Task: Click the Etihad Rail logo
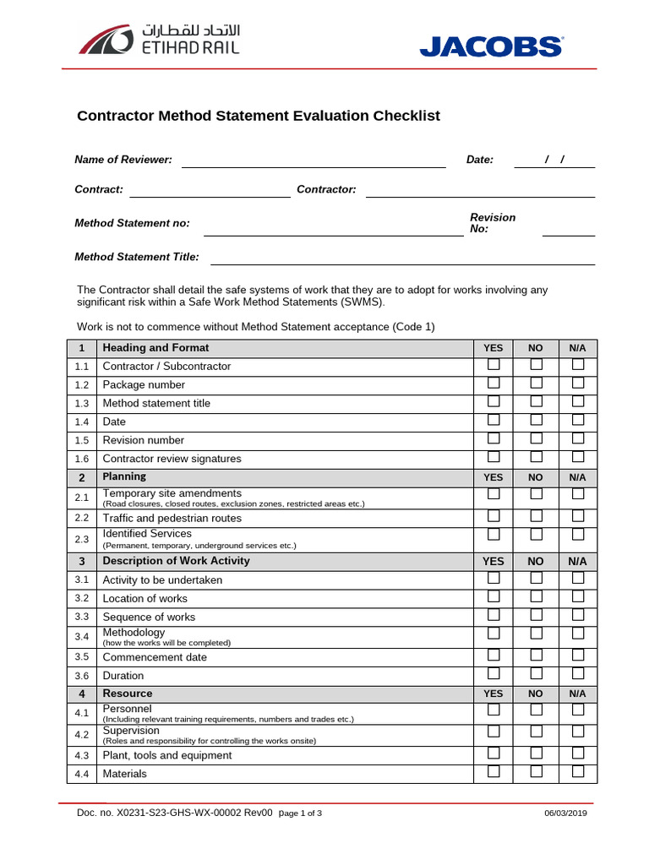pyautogui.click(x=159, y=40)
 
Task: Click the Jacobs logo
pyautogui.click(x=491, y=46)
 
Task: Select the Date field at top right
pyautogui.click(x=554, y=160)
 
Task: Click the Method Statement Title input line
pyautogui.click(x=402, y=258)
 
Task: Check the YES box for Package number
pyautogui.click(x=494, y=384)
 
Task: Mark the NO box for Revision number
pyautogui.click(x=536, y=439)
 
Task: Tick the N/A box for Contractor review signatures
pyautogui.click(x=578, y=458)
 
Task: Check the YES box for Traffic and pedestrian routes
pyautogui.click(x=494, y=516)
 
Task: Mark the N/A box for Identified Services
pyautogui.click(x=578, y=535)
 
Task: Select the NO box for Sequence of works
pyautogui.click(x=536, y=615)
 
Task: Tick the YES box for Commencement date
pyautogui.click(x=494, y=656)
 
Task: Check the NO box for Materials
pyautogui.click(x=536, y=772)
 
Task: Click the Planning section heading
pyautogui.click(x=124, y=477)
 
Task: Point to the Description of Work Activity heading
pyautogui.click(x=176, y=561)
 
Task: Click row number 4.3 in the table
pyautogui.click(x=81, y=755)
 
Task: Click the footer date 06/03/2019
pyautogui.click(x=566, y=813)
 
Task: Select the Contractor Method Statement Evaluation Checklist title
pyautogui.click(x=259, y=117)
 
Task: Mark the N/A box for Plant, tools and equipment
pyautogui.click(x=578, y=753)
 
